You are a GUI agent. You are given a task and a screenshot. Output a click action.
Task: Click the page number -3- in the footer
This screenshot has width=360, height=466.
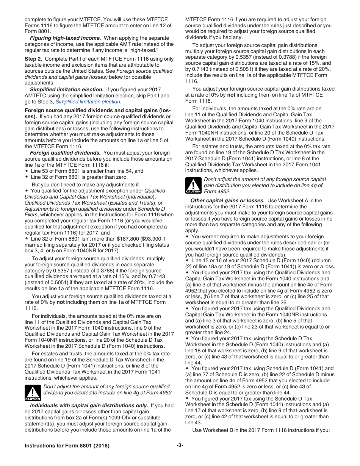[x=180, y=446]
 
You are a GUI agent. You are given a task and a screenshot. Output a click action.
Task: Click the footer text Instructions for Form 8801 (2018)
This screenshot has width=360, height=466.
[x=67, y=446]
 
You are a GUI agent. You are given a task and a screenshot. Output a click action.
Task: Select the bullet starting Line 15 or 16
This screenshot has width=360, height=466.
[x=261, y=261]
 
